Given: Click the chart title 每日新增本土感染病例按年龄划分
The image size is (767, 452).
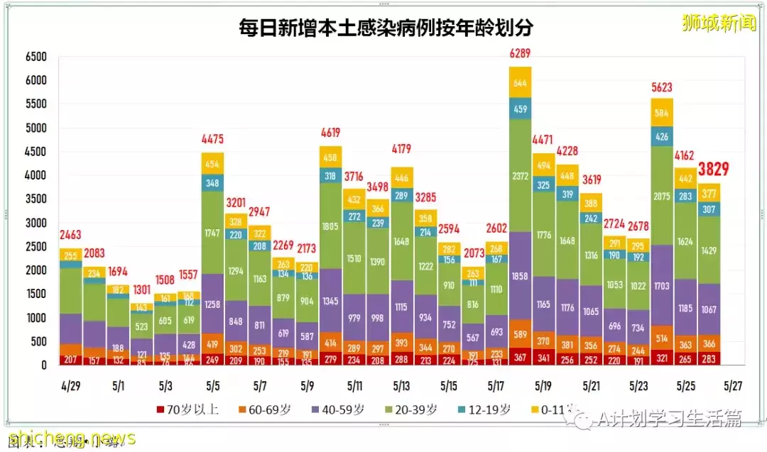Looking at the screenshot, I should [386, 28].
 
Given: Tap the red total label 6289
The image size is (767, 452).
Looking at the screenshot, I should [521, 53].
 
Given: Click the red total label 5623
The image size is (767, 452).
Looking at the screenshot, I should [662, 87].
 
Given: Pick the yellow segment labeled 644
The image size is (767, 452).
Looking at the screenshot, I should [521, 82].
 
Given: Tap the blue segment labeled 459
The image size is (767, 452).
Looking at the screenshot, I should [521, 109].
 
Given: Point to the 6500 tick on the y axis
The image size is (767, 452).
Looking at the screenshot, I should [36, 57].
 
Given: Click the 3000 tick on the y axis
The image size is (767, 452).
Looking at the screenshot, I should [36, 223].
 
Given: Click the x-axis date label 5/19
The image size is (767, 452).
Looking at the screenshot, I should [543, 386].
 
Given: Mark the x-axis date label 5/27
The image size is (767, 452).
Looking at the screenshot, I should [732, 386].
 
